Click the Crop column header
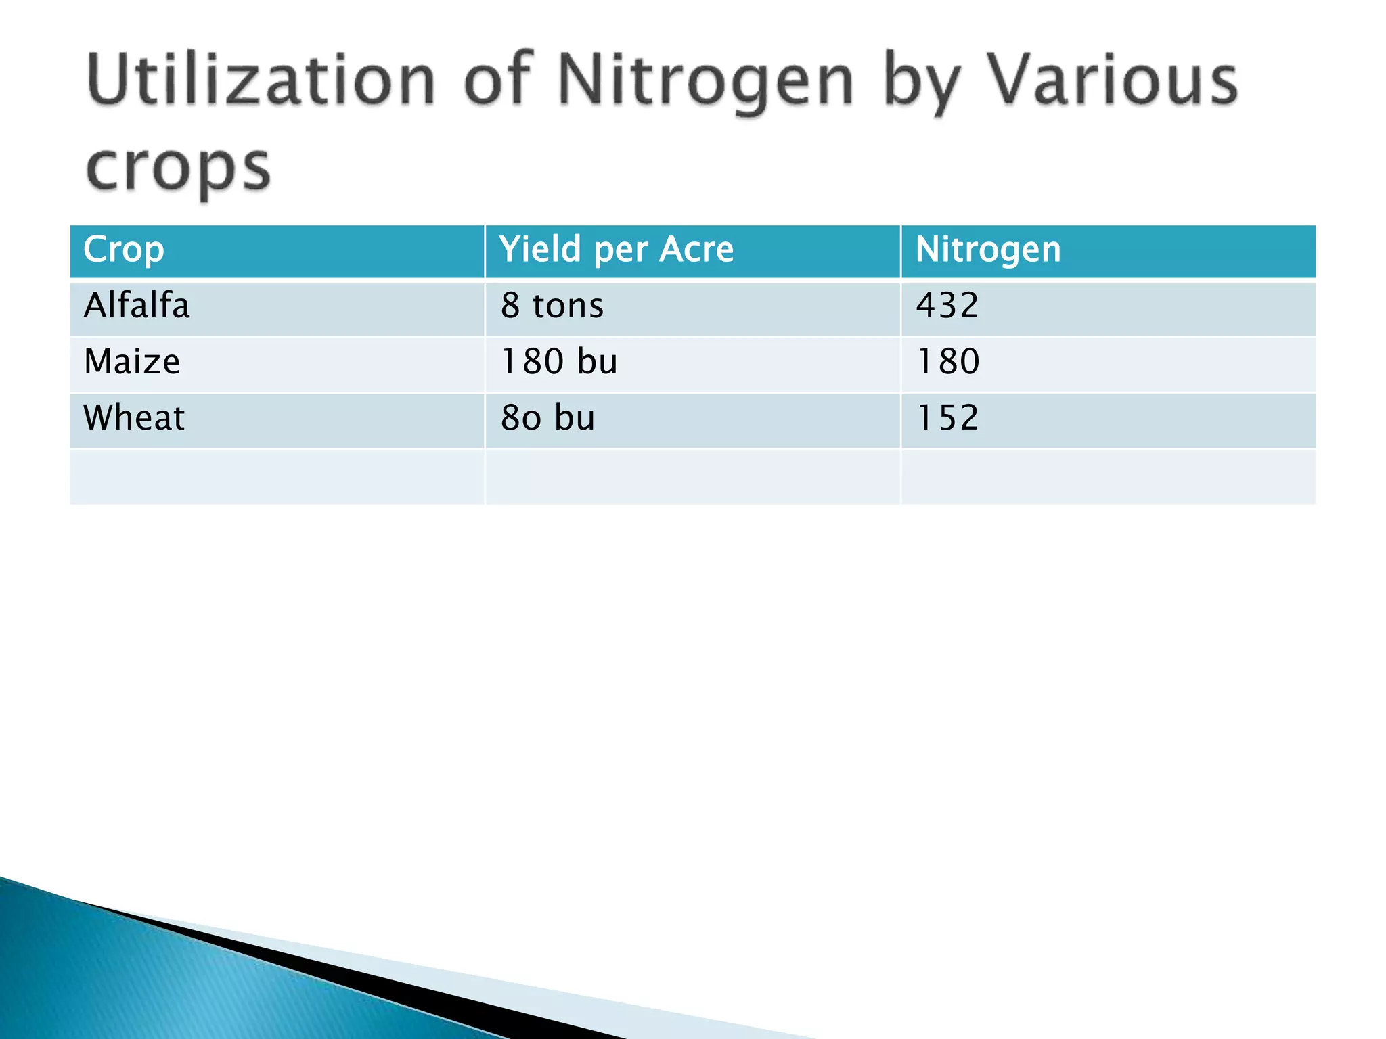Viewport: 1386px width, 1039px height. [123, 250]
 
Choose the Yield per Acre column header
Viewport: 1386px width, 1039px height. [616, 250]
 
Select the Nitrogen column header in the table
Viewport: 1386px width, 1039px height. [987, 250]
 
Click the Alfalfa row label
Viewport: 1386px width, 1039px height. [136, 306]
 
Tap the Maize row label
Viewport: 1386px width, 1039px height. [132, 362]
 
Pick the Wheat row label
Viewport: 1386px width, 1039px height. [133, 418]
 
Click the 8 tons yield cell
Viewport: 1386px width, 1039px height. [552, 306]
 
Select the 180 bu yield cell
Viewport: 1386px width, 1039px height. [558, 362]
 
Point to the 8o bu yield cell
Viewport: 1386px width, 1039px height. [547, 418]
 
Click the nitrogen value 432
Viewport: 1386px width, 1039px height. [947, 306]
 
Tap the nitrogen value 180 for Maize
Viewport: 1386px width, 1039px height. [947, 362]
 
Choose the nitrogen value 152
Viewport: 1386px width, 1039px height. [947, 418]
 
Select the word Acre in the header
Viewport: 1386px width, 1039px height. [696, 250]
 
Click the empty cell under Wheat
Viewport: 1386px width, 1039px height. [277, 476]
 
